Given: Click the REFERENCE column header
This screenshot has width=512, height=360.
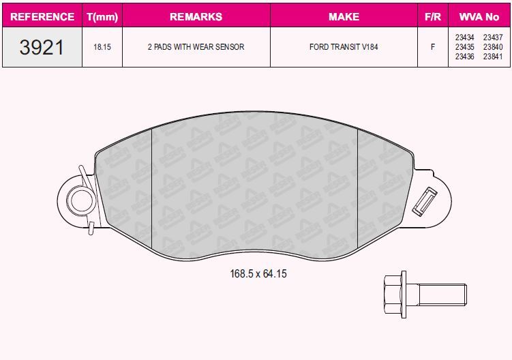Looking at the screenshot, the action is click(x=42, y=16).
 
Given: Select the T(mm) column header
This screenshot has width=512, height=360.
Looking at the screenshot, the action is click(x=102, y=16).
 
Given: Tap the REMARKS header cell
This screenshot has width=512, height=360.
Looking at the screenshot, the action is click(x=196, y=16).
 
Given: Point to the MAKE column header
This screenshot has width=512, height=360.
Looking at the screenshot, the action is click(x=344, y=16).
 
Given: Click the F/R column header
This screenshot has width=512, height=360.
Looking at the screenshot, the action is click(x=433, y=16).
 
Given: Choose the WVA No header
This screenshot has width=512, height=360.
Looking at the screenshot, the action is click(x=479, y=16).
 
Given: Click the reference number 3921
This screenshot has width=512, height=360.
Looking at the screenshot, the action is click(x=42, y=47).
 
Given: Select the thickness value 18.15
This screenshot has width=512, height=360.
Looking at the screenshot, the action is click(x=102, y=47).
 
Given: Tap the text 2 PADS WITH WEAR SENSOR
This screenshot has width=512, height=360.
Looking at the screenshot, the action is click(x=196, y=47).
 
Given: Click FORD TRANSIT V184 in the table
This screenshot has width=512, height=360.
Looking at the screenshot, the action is click(x=344, y=47).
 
